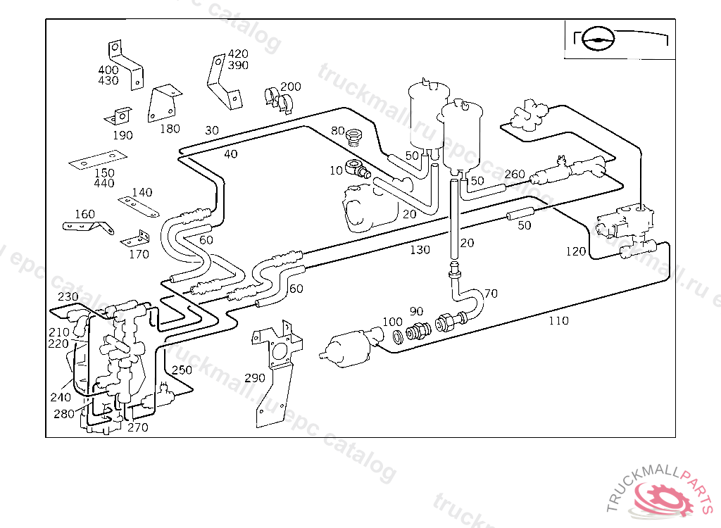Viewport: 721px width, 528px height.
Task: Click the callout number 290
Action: pyautogui.click(x=255, y=378)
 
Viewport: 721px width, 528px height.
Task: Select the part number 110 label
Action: pyautogui.click(x=558, y=321)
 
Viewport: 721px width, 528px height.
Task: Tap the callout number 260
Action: pyautogui.click(x=515, y=174)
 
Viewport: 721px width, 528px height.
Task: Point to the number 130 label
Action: pyautogui.click(x=420, y=250)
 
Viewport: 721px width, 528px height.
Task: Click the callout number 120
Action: pyautogui.click(x=575, y=251)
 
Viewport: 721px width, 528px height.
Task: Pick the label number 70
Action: pyautogui.click(x=491, y=293)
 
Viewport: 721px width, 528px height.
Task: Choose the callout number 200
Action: pyautogui.click(x=290, y=87)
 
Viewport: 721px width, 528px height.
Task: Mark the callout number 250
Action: pyautogui.click(x=182, y=370)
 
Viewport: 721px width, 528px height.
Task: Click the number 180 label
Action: pyautogui.click(x=170, y=129)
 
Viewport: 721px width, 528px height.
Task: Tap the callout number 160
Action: pyautogui.click(x=84, y=214)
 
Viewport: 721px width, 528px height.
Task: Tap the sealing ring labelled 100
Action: pyautogui.click(x=396, y=337)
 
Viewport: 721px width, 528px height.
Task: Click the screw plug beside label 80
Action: pyautogui.click(x=356, y=134)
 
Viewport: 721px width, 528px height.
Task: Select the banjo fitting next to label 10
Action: pyautogui.click(x=357, y=170)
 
